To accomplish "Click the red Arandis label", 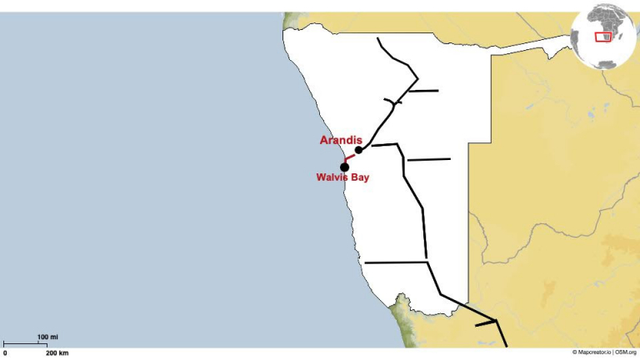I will [341, 140].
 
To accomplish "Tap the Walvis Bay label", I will [342, 177].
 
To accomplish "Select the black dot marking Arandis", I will [358, 150].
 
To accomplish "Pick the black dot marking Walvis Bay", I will [344, 167].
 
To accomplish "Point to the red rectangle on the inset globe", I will [602, 36].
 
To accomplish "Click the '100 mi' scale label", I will [47, 337].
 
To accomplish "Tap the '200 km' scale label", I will [57, 353].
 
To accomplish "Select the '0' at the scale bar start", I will [5, 353].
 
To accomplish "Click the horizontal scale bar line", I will [25, 343].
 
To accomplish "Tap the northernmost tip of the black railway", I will [377, 38].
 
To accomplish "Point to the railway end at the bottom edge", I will [506, 345].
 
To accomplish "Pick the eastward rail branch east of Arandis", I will [428, 159].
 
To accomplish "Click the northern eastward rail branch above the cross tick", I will [425, 90].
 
